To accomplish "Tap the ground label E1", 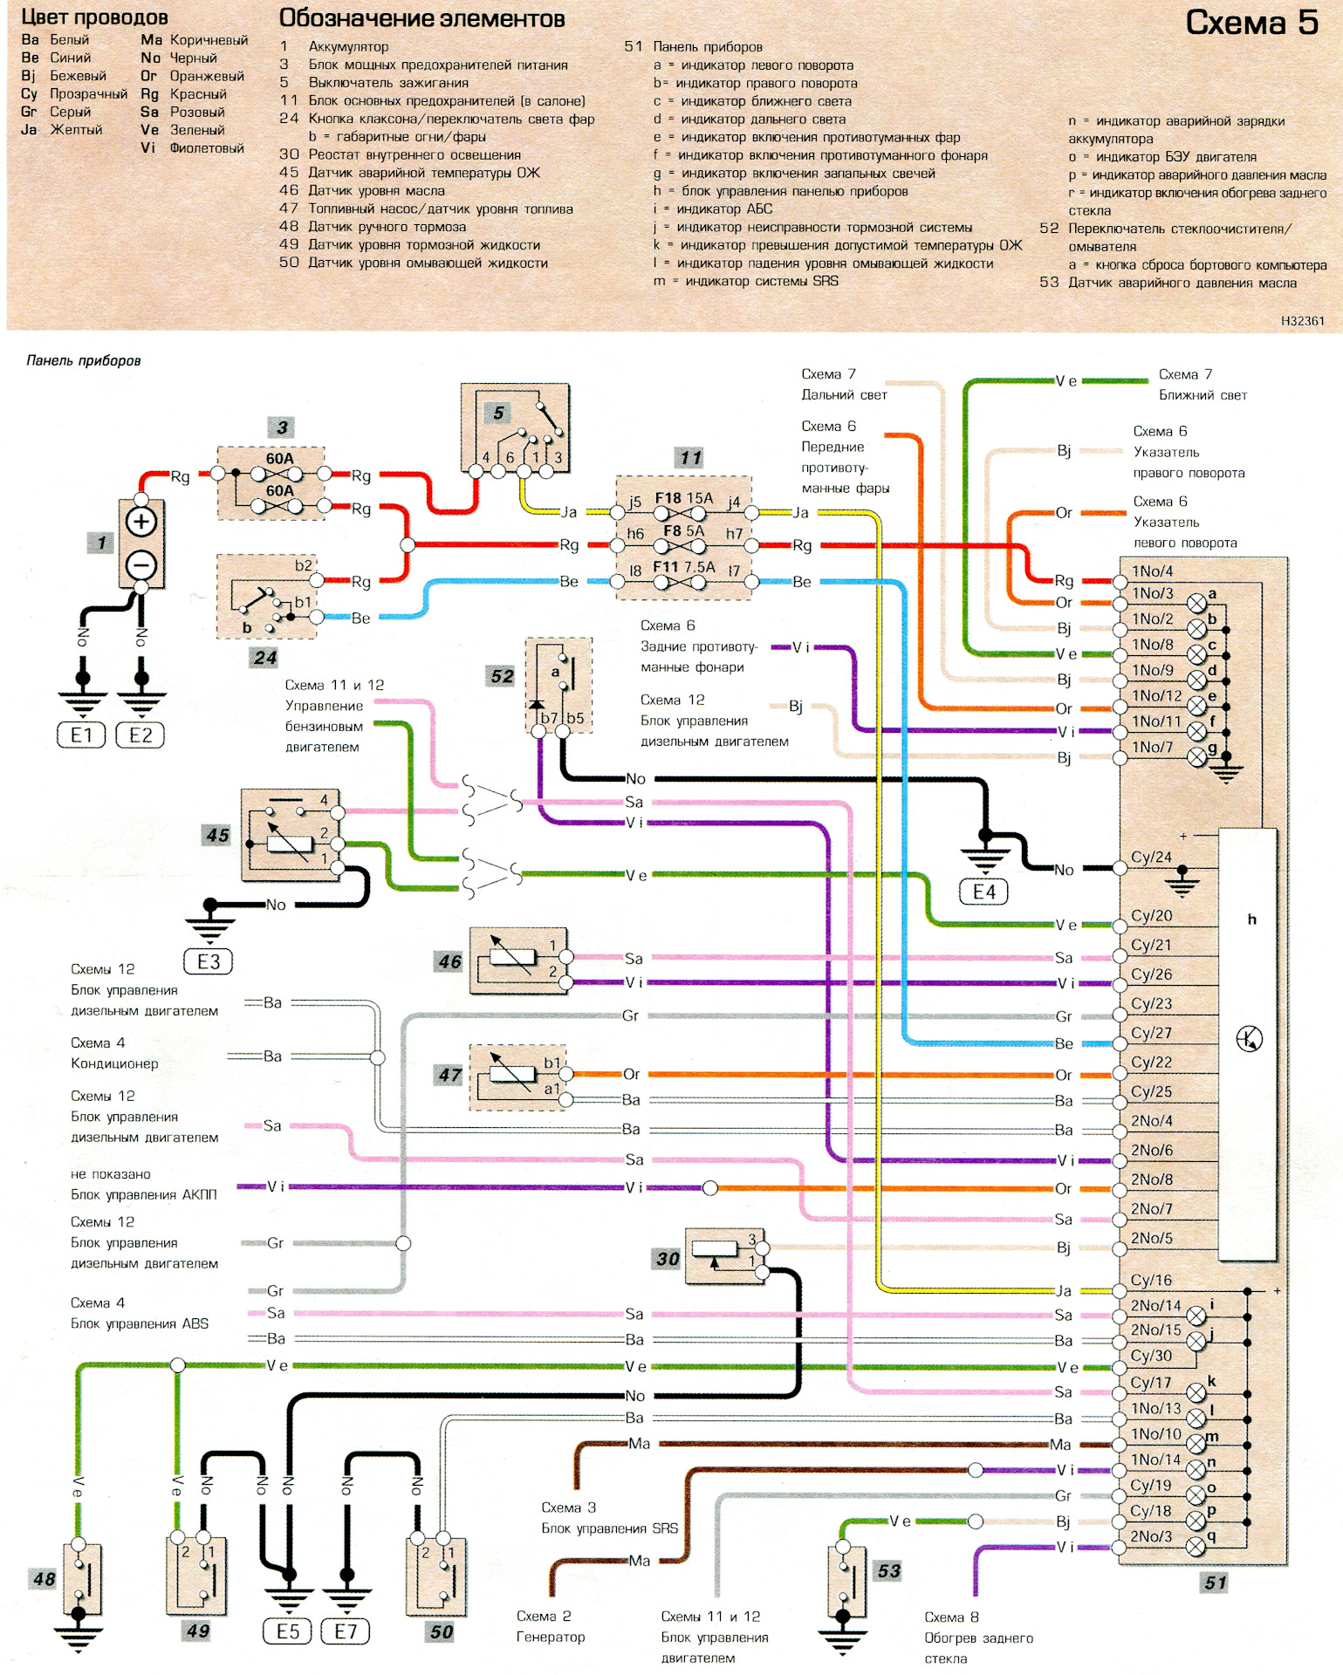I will [81, 735].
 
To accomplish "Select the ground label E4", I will [983, 892].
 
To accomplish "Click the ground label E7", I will [346, 1631].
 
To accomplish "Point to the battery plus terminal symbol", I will [141, 522].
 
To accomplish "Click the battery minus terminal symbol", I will [141, 565].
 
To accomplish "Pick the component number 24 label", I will [265, 658].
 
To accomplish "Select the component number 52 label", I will [502, 676].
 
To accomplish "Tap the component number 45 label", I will [217, 835].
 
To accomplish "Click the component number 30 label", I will [668, 1259].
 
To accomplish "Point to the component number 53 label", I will [888, 1571].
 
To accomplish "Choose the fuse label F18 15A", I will [683, 499].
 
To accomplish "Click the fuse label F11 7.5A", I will [683, 567].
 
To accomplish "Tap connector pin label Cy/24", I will [1151, 858].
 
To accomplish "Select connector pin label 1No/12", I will [1156, 696].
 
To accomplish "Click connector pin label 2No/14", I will [1155, 1306].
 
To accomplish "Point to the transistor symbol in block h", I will [1249, 1039].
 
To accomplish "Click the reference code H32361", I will [1302, 321].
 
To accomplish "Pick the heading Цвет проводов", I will [94, 17].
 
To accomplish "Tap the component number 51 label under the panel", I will [1216, 1583].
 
